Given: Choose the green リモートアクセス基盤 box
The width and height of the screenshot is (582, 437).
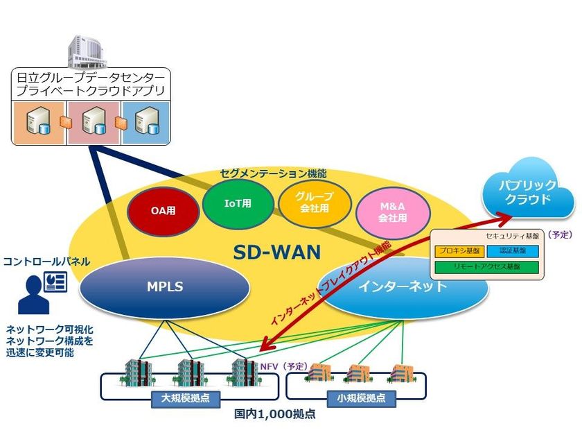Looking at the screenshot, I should (487, 266).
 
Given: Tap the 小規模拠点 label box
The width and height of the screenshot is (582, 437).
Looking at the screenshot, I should (355, 399).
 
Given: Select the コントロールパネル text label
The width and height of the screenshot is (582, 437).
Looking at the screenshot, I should (46, 262).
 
